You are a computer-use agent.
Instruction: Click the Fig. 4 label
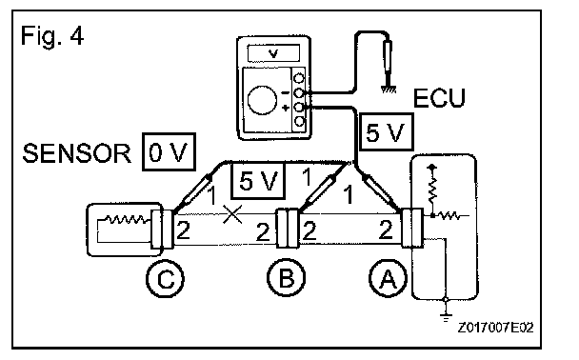coord(52,36)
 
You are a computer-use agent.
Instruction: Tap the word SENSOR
coord(76,153)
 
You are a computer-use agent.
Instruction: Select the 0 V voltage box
coord(169,151)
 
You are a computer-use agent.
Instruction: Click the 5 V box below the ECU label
coord(387,131)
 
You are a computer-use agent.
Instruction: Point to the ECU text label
coord(439,98)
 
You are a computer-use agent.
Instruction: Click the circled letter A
coord(388,278)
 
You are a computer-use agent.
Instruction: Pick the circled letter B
coord(287,278)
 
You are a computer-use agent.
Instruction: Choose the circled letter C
coord(165,279)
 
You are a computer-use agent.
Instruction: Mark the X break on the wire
coord(232,214)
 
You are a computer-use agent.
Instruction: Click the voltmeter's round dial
coord(262,100)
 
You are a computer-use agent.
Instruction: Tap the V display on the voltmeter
coord(273,53)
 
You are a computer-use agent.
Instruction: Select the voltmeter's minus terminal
coord(299,92)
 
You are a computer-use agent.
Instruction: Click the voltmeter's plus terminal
coord(299,108)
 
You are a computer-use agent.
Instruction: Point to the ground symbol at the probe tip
coord(389,89)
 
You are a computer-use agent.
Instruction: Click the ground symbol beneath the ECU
coord(446,315)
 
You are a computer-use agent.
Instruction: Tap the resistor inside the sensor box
coord(126,219)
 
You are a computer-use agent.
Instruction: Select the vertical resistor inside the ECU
coord(432,190)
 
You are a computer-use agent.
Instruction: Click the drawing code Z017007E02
coord(495,328)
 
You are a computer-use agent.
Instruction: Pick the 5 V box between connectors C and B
coord(258,181)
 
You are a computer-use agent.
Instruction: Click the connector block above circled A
coord(412,228)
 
